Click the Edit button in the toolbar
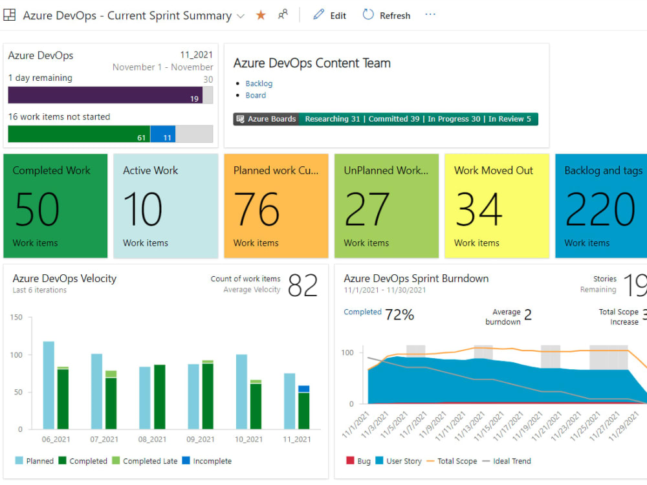click(x=329, y=16)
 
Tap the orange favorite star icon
click(x=261, y=16)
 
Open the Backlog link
click(x=259, y=83)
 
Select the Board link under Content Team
click(x=256, y=95)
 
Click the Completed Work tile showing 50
click(x=55, y=206)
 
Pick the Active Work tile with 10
click(x=166, y=206)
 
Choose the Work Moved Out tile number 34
click(x=497, y=206)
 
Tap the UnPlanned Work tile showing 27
click(x=386, y=206)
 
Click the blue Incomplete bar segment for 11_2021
click(x=303, y=389)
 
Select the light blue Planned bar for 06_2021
click(x=49, y=385)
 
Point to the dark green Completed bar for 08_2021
click(x=160, y=397)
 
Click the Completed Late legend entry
click(x=145, y=460)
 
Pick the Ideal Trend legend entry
click(x=507, y=460)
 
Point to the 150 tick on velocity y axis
click(x=17, y=317)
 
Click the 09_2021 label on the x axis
click(x=201, y=439)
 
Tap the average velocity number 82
click(x=303, y=285)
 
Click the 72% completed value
click(x=399, y=315)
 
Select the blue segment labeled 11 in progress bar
click(x=163, y=134)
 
